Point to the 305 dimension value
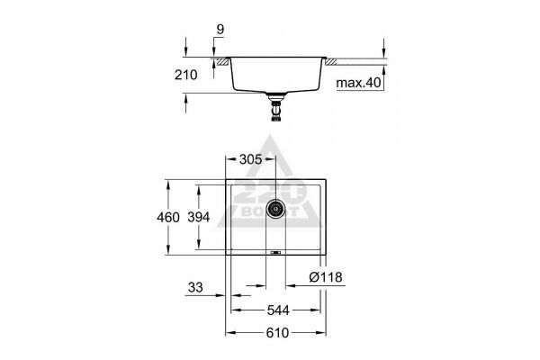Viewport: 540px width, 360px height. [252, 159]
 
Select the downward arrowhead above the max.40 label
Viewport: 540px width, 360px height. [383, 56]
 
